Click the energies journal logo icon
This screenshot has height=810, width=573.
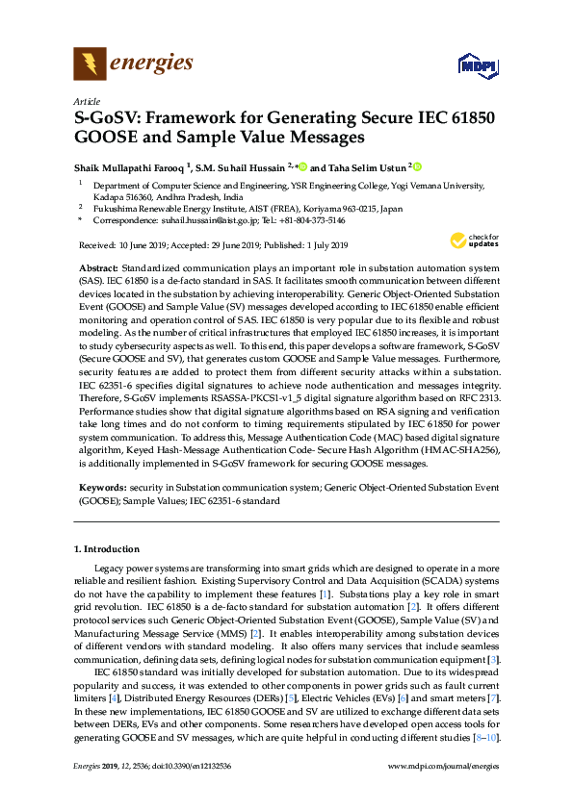pos(91,65)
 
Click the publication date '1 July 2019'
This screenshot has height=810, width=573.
pos(327,245)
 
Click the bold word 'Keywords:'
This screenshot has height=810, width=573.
pos(101,489)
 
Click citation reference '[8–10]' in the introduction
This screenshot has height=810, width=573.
pos(482,737)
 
